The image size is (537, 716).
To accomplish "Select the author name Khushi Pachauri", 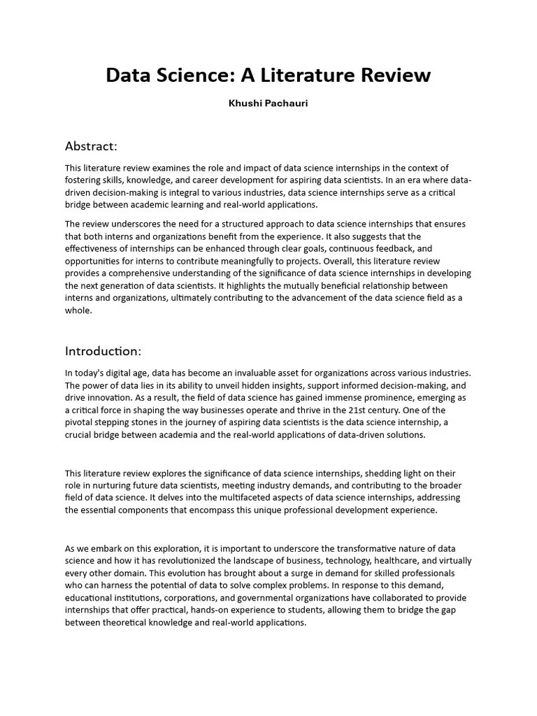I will (x=268, y=103).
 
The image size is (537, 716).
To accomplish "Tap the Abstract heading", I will (x=91, y=146).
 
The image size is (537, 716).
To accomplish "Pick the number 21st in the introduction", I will (x=361, y=410).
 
